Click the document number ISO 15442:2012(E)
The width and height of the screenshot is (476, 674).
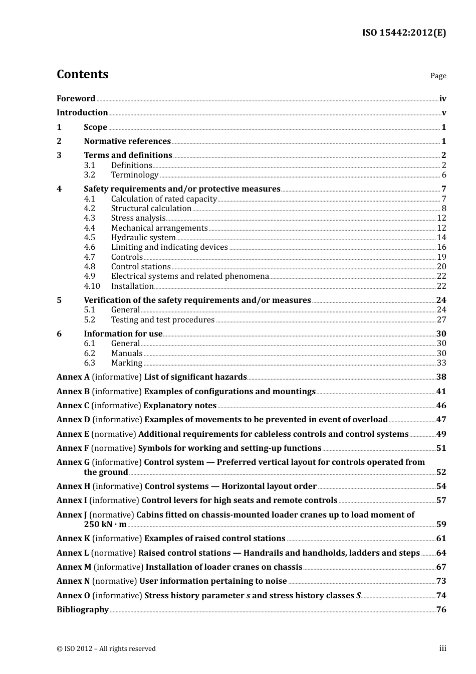pyautogui.click(x=404, y=33)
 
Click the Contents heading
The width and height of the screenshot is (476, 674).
pyautogui.click(x=82, y=74)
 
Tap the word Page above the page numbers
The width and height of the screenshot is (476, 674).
pyautogui.click(x=438, y=76)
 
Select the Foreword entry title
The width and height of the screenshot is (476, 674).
pyautogui.click(x=76, y=98)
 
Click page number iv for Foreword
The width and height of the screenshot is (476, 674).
pyautogui.click(x=442, y=99)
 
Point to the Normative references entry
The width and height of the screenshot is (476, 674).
pyautogui.click(x=127, y=141)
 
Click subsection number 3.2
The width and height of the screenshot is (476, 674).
pyautogui.click(x=90, y=175)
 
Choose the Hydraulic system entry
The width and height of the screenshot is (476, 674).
pyautogui.click(x=143, y=238)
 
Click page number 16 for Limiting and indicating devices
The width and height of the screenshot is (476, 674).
pyautogui.click(x=441, y=247)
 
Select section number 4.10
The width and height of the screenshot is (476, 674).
pyautogui.click(x=92, y=286)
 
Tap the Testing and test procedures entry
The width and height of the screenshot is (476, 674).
pyautogui.click(x=163, y=320)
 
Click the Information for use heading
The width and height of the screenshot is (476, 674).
pyautogui.click(x=123, y=334)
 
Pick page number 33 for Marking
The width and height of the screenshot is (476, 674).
pyautogui.click(x=441, y=363)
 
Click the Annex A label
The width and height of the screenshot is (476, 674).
pyautogui.click(x=73, y=377)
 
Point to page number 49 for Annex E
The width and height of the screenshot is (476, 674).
pyautogui.click(x=441, y=434)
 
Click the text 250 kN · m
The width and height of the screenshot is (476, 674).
pyautogui.click(x=105, y=525)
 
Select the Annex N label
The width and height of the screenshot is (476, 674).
pyautogui.click(x=73, y=581)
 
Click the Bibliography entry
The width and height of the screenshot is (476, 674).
pyautogui.click(x=83, y=610)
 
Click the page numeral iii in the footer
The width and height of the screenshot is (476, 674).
pyautogui.click(x=442, y=648)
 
